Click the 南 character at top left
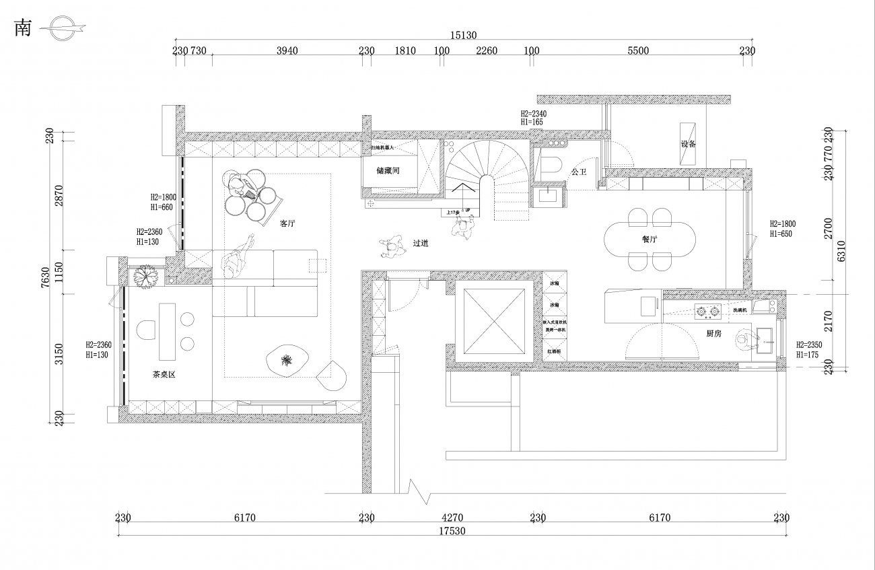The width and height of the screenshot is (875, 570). point(23,28)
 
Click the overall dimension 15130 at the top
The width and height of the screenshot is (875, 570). point(464,35)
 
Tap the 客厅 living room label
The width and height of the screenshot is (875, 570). point(288,223)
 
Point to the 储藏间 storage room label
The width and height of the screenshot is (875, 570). point(388,171)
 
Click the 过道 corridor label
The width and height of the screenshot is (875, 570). point(421,244)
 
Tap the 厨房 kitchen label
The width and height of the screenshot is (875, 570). point(714,333)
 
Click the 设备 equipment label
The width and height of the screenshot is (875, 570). point(688,144)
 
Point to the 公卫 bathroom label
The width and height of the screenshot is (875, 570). point(578,172)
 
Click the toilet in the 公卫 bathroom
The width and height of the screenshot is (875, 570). point(551,167)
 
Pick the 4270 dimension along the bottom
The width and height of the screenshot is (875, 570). point(452,518)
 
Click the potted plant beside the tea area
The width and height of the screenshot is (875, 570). point(145,277)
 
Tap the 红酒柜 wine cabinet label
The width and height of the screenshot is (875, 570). point(555,351)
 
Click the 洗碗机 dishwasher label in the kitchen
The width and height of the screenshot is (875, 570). point(740,310)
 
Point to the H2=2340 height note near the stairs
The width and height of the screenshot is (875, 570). point(533,114)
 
